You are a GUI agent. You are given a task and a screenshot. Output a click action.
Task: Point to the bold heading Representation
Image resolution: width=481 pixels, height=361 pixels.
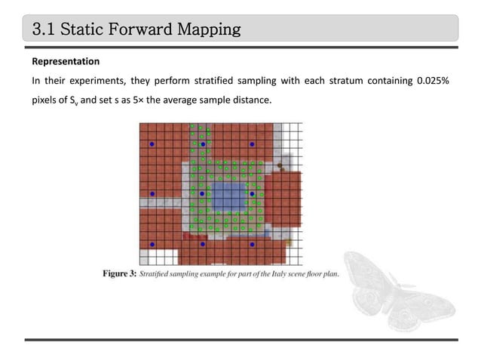tap(65, 60)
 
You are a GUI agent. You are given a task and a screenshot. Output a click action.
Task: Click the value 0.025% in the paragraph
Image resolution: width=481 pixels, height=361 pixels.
tap(433, 82)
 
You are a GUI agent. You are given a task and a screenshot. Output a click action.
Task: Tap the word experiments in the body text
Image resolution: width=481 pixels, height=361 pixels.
tap(99, 82)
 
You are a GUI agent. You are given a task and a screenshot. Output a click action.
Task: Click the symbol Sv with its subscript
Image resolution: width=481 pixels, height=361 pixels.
tap(70, 100)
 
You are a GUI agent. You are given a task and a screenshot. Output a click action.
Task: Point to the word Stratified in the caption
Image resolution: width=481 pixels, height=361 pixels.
tap(158, 273)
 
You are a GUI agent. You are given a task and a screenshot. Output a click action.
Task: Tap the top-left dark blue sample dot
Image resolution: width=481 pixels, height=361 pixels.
tap(152, 143)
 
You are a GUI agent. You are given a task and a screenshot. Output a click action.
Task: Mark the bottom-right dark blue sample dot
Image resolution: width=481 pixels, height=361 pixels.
tap(253, 245)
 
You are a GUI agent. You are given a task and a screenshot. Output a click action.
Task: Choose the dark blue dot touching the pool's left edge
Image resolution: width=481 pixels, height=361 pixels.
tap(203, 194)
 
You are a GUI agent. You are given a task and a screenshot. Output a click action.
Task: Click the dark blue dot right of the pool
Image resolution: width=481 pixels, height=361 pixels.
tap(253, 194)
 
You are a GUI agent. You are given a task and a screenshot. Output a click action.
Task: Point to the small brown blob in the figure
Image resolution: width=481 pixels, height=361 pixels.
tap(280, 164)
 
